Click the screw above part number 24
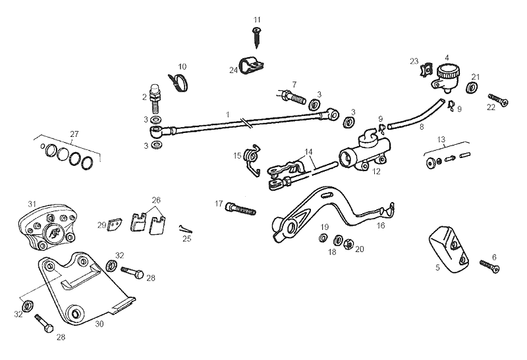coord(256,38)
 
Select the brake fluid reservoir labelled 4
coord(447,76)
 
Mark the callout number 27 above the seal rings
coord(74,134)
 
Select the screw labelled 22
coord(497,103)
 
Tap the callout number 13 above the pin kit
coord(441,140)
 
